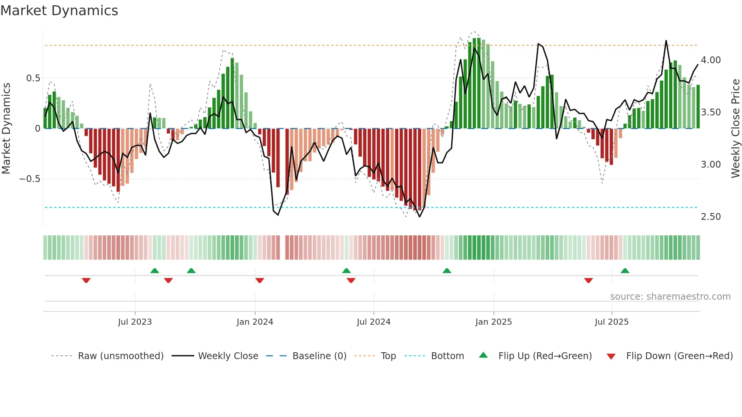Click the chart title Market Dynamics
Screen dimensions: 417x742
pyautogui.click(x=59, y=11)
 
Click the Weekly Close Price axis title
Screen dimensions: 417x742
pyautogui.click(x=735, y=128)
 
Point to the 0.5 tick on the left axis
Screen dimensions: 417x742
pyautogui.click(x=33, y=78)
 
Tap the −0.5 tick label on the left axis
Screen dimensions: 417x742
pyautogui.click(x=30, y=179)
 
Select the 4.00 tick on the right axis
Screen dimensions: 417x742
pyautogui.click(x=711, y=60)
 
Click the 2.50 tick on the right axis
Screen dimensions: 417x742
pyautogui.click(x=711, y=217)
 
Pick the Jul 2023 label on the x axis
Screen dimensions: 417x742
pyautogui.click(x=135, y=322)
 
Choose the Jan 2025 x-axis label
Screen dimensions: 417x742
pyautogui.click(x=493, y=322)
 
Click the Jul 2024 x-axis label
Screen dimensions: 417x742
pyautogui.click(x=373, y=322)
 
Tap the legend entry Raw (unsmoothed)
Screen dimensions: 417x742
pyautogui.click(x=120, y=356)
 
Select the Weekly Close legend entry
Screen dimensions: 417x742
pyautogui.click(x=228, y=356)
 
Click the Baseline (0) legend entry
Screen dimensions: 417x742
pyautogui.click(x=319, y=356)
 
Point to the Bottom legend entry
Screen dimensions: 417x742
pyautogui.click(x=447, y=356)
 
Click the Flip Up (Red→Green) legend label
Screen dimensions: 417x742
pyautogui.click(x=545, y=356)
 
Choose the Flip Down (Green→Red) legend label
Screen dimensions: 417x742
pyautogui.click(x=679, y=356)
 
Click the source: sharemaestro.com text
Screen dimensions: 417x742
pyautogui.click(x=670, y=297)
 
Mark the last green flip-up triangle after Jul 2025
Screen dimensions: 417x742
pyautogui.click(x=625, y=271)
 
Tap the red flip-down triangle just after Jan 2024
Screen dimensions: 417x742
pyautogui.click(x=260, y=280)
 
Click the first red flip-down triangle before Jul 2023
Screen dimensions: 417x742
pyautogui.click(x=86, y=280)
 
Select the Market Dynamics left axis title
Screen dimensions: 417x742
pyautogui.click(x=6, y=128)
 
